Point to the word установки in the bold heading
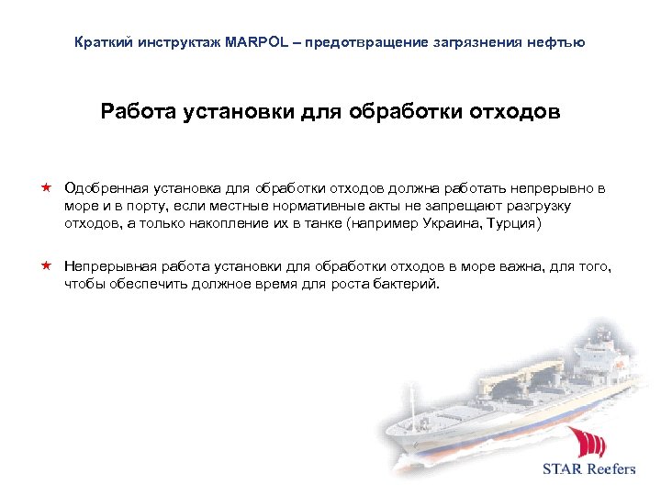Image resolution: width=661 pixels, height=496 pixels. pyautogui.click(x=247, y=113)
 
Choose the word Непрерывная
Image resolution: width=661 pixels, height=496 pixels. pyautogui.click(x=109, y=266)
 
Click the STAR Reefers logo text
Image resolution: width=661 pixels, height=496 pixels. pyautogui.click(x=588, y=468)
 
